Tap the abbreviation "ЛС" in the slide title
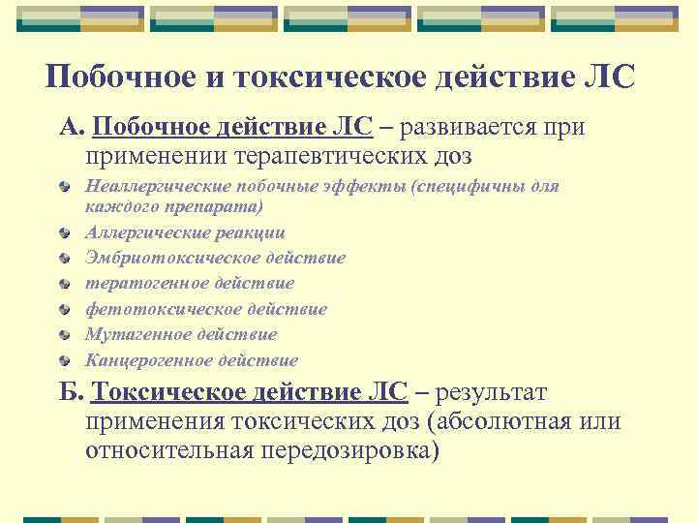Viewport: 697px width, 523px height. click(607, 78)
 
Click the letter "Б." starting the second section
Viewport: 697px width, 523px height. click(73, 393)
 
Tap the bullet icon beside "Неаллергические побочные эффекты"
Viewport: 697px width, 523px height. click(64, 186)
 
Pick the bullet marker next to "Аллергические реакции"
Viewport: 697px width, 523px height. click(64, 232)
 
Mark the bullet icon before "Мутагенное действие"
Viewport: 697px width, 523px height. click(64, 335)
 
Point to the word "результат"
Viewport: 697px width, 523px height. click(492, 393)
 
